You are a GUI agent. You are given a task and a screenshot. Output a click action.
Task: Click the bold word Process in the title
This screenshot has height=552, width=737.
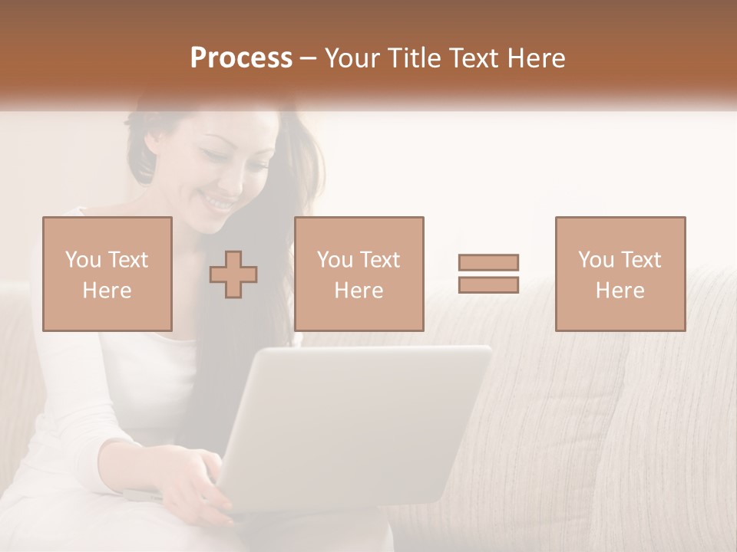[241, 58]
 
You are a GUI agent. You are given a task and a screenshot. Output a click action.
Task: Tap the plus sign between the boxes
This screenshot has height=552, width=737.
[233, 274]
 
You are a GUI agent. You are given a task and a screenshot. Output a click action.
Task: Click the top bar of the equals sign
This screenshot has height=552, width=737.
[488, 262]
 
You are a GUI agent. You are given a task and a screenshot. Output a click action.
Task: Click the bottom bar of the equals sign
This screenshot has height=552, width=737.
[488, 284]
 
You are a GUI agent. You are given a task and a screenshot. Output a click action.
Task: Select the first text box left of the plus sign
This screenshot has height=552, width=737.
[107, 274]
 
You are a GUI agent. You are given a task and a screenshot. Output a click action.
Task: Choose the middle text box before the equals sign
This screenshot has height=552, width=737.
[359, 274]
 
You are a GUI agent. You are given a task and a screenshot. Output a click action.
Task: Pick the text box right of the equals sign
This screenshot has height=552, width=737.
[620, 274]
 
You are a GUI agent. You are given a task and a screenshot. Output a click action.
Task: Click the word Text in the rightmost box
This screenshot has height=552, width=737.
[640, 260]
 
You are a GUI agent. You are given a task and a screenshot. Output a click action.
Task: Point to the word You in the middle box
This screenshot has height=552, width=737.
[335, 260]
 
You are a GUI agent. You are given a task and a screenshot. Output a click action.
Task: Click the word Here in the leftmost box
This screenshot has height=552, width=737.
[107, 291]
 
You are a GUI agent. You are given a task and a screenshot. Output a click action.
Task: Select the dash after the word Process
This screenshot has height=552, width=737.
[308, 58]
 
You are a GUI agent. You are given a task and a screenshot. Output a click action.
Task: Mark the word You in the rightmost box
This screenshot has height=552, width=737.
[596, 260]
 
